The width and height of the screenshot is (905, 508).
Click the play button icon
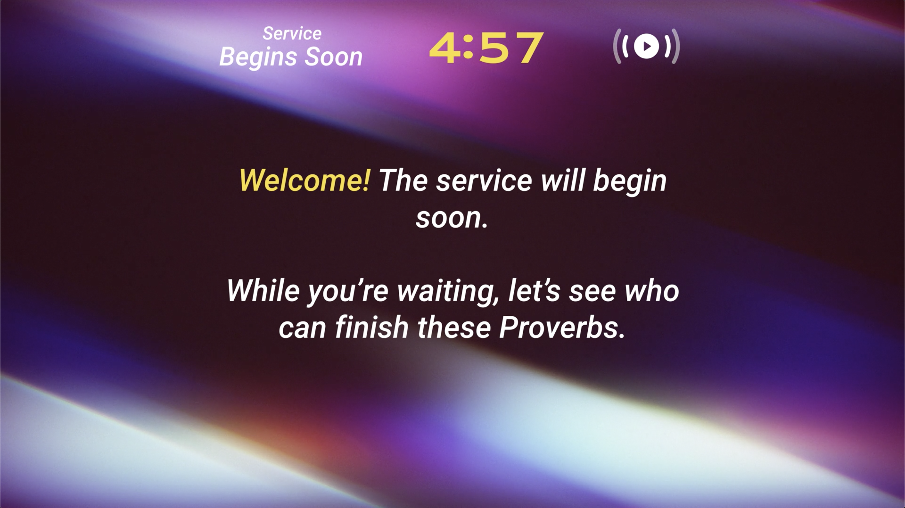[646, 46]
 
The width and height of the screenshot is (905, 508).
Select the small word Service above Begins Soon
[292, 34]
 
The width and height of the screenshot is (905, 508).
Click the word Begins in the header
[259, 57]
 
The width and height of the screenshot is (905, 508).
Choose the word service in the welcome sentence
[484, 181]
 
